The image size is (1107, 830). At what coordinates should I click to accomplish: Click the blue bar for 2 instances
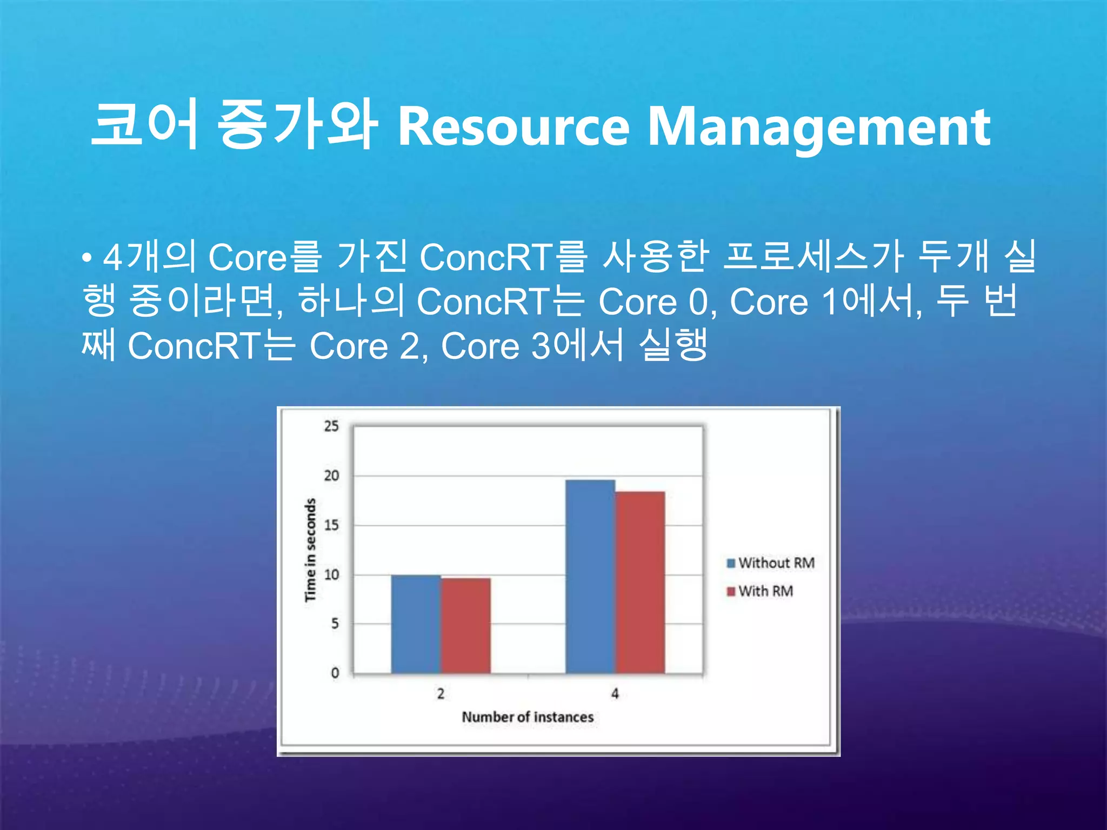[x=416, y=624]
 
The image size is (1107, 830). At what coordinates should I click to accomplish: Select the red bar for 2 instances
[x=465, y=625]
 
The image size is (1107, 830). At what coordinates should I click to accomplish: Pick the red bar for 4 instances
[x=640, y=582]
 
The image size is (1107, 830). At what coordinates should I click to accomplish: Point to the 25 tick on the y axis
[x=331, y=426]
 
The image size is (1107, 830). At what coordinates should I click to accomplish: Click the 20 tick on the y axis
[x=331, y=476]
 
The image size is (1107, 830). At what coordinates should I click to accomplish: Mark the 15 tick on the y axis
[x=331, y=525]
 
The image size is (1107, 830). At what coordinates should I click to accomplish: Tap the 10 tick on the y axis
[x=331, y=575]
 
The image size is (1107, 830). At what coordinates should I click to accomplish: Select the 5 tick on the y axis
[x=335, y=624]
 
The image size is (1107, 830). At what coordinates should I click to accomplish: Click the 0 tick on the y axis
[x=335, y=673]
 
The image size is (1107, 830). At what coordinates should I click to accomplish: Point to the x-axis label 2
[x=441, y=694]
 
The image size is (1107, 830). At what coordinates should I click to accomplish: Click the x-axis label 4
[x=615, y=694]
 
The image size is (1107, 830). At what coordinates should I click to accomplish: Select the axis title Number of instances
[x=528, y=717]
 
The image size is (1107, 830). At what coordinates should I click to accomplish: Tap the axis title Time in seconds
[x=310, y=550]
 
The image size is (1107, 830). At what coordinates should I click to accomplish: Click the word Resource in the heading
[x=514, y=128]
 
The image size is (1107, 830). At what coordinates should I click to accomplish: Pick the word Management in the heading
[x=818, y=128]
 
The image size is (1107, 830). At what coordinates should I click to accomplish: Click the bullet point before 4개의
[x=86, y=258]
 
